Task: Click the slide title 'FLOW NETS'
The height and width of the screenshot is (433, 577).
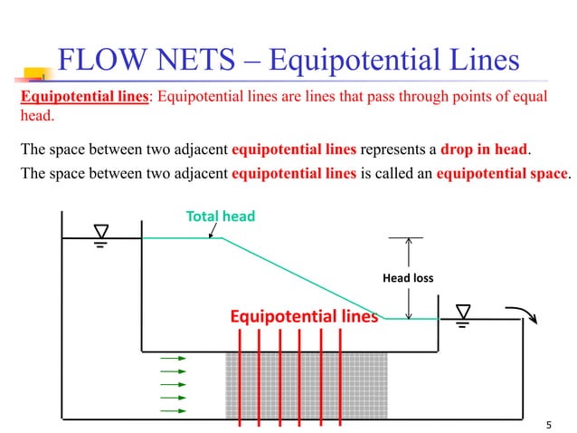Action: [145, 60]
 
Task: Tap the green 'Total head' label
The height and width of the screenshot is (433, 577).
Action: [221, 216]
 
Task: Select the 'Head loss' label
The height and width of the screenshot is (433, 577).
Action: [409, 277]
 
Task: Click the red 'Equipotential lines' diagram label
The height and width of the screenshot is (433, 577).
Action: [303, 316]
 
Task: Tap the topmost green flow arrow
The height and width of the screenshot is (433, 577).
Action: [173, 358]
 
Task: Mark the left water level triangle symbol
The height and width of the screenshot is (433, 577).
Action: [101, 230]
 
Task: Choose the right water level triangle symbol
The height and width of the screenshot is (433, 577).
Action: [464, 311]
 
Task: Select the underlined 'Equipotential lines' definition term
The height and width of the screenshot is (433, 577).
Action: [84, 98]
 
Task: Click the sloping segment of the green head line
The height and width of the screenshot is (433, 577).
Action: [303, 277]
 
